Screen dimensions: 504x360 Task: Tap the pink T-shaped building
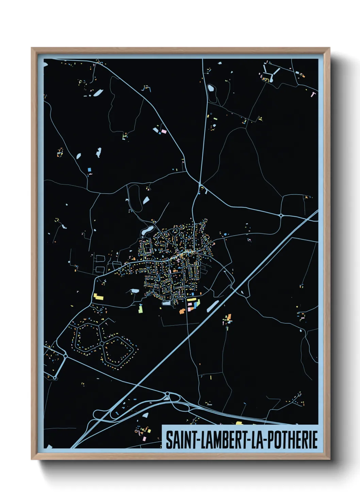pos(313,94)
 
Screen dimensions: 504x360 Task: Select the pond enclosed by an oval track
pos(211,89)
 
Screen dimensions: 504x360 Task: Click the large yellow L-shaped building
pos(98,297)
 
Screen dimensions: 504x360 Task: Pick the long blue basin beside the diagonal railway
pos(213,306)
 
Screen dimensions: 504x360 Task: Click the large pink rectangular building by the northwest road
pos(164,131)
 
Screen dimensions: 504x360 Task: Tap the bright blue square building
pos(89,169)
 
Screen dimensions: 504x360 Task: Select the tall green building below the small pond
pos(140,308)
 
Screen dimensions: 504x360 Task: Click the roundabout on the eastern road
pos(281,215)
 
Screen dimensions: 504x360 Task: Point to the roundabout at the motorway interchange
pos(167,394)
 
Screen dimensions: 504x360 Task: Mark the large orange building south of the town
pos(182,311)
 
